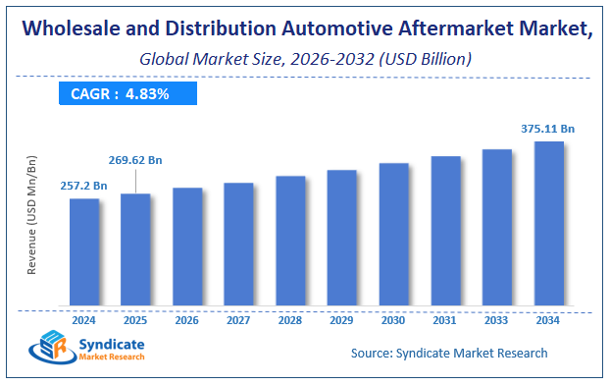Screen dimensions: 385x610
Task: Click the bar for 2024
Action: tap(84, 251)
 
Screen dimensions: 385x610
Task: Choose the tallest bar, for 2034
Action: tap(548, 223)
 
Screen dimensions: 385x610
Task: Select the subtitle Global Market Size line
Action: tap(305, 60)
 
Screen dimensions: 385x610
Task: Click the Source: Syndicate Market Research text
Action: tap(447, 353)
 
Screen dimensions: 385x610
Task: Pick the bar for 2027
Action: tap(238, 244)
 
